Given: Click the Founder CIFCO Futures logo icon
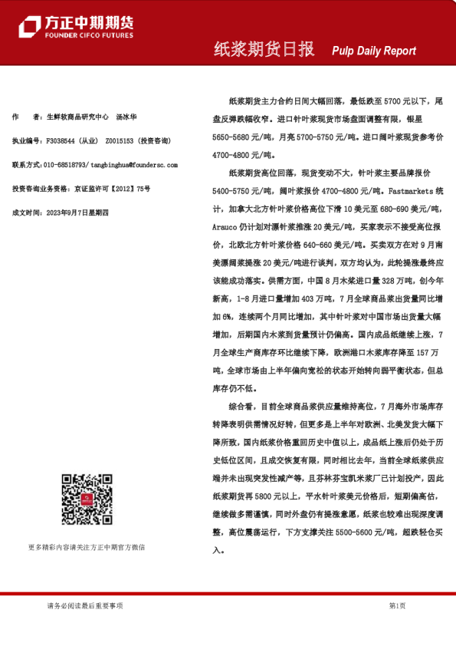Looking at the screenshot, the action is [29, 27].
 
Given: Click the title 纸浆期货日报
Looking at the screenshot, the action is [263, 50].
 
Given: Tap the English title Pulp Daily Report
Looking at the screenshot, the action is [374, 51].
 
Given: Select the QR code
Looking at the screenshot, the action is [85, 499].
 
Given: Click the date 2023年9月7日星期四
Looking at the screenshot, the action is [80, 212].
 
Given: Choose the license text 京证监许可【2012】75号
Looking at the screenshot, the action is [112, 189].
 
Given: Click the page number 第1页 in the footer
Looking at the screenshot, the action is [397, 605].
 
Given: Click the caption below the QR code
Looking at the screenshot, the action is [86, 547].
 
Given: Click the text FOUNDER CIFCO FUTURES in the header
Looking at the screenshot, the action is [89, 35].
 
